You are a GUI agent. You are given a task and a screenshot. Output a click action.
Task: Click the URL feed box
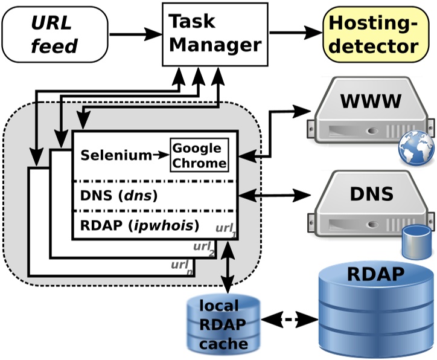[x=55, y=35]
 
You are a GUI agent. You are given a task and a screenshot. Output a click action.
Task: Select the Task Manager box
[x=214, y=34]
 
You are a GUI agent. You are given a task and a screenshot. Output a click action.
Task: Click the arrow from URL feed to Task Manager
[x=135, y=34]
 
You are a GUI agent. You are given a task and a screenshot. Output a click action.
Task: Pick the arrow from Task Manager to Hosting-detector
[x=296, y=34]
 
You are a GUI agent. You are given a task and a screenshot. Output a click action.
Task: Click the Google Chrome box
[x=200, y=155]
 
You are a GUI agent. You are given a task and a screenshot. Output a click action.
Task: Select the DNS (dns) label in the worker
[x=118, y=196]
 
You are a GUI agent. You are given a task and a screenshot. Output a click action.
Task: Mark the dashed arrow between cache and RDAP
[x=290, y=318]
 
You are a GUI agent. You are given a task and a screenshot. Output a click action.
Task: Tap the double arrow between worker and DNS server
[x=275, y=195]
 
